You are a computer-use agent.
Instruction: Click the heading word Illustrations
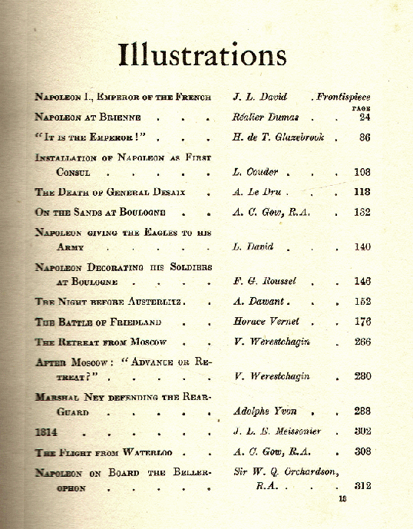coord(202,56)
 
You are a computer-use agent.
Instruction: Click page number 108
coord(362,173)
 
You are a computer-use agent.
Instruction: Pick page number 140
coord(362,247)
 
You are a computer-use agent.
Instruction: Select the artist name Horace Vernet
coord(266,321)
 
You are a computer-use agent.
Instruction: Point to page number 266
coord(362,341)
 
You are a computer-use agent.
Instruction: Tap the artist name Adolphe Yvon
coord(263,411)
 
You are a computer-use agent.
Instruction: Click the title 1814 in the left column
coord(45,431)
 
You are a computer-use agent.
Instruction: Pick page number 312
coord(362,485)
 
